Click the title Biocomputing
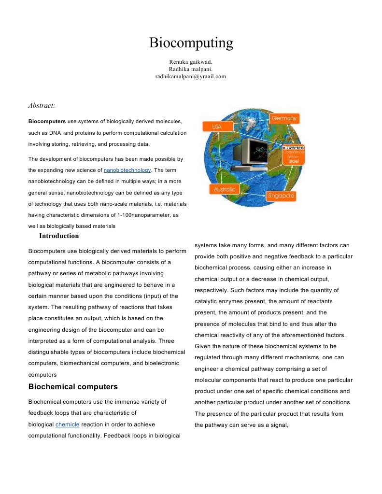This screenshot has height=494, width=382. [191, 43]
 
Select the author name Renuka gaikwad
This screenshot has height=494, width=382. [191, 62]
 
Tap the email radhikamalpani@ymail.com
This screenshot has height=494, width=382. [191, 76]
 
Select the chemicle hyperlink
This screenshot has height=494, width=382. [67, 424]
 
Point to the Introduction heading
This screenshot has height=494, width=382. [59, 236]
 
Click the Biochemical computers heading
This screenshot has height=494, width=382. [73, 387]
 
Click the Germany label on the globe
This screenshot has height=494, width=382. [284, 118]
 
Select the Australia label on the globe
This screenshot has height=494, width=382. [225, 189]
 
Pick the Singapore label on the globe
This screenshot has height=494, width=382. [281, 196]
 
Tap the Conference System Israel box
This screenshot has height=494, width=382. [293, 155]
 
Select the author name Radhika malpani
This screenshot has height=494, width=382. [191, 69]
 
